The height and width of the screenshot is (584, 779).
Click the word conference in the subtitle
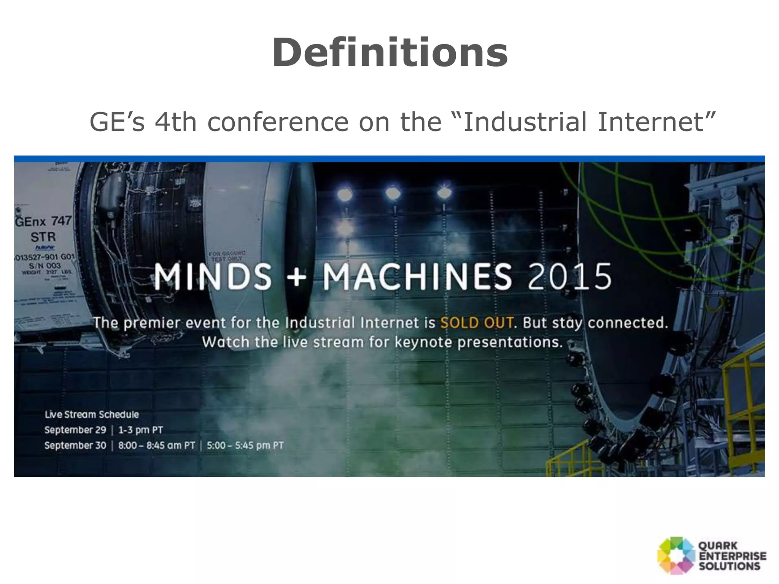click(278, 122)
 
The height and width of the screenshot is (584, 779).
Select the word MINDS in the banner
click(213, 276)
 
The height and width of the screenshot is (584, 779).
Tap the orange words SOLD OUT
click(477, 323)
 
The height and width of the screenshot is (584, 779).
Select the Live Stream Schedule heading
click(92, 414)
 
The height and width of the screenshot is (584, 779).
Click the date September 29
click(75, 430)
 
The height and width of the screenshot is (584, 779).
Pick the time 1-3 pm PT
click(140, 430)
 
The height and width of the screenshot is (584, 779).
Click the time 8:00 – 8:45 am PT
click(156, 446)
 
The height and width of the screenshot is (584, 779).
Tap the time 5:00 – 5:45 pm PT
click(245, 446)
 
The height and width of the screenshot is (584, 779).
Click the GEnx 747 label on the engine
click(43, 221)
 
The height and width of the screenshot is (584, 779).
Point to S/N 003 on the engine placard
click(45, 265)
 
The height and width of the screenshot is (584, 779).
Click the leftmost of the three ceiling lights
click(345, 194)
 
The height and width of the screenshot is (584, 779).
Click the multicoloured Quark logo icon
click(676, 555)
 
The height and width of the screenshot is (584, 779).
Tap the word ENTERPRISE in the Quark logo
click(732, 556)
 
